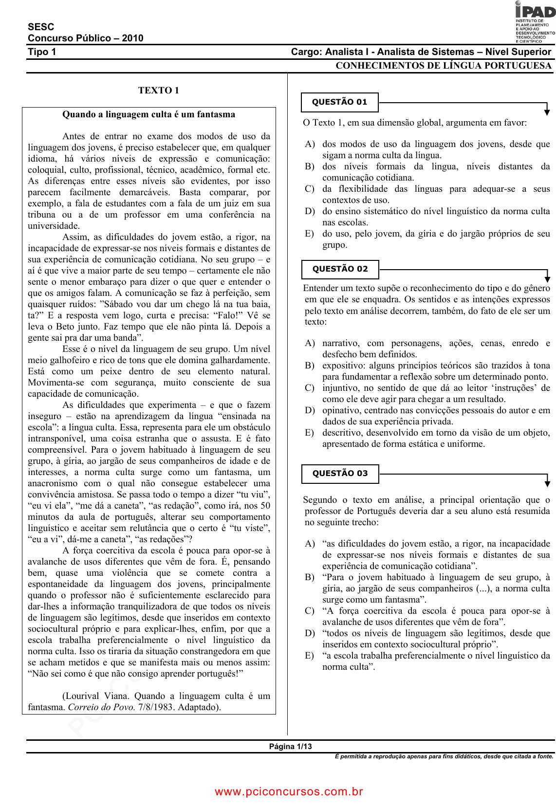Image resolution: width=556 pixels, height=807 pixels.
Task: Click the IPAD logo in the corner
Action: pos(535,22)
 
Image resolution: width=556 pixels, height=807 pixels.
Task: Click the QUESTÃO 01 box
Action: pos(339,102)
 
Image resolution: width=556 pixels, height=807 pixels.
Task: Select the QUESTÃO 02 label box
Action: pos(340,269)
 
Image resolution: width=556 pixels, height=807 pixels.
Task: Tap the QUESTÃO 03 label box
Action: pos(340,474)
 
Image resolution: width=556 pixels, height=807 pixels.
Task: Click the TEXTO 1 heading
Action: pos(158,91)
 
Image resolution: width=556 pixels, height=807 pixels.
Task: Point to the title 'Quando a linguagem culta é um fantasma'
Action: pos(148,115)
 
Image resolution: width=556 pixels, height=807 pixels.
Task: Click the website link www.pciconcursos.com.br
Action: pos(289,791)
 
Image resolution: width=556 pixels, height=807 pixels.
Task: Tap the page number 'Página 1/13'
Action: pos(290,747)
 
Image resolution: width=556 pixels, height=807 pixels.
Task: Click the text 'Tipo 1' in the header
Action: pos(42,52)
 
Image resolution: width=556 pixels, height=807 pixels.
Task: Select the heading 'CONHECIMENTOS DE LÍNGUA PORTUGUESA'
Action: pos(443,66)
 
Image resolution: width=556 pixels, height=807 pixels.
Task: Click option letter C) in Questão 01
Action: pos(310,189)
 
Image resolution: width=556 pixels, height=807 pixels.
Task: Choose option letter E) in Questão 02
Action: pos(309,433)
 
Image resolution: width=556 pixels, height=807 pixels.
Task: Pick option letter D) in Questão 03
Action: pos(310,633)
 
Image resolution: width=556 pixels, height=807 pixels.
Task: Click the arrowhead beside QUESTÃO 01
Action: pos(547,112)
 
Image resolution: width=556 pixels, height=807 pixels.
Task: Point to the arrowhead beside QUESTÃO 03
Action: pos(547,483)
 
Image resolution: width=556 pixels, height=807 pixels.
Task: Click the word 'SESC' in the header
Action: pos(41,27)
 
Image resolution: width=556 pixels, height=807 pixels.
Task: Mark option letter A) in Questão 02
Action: pos(310,343)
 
